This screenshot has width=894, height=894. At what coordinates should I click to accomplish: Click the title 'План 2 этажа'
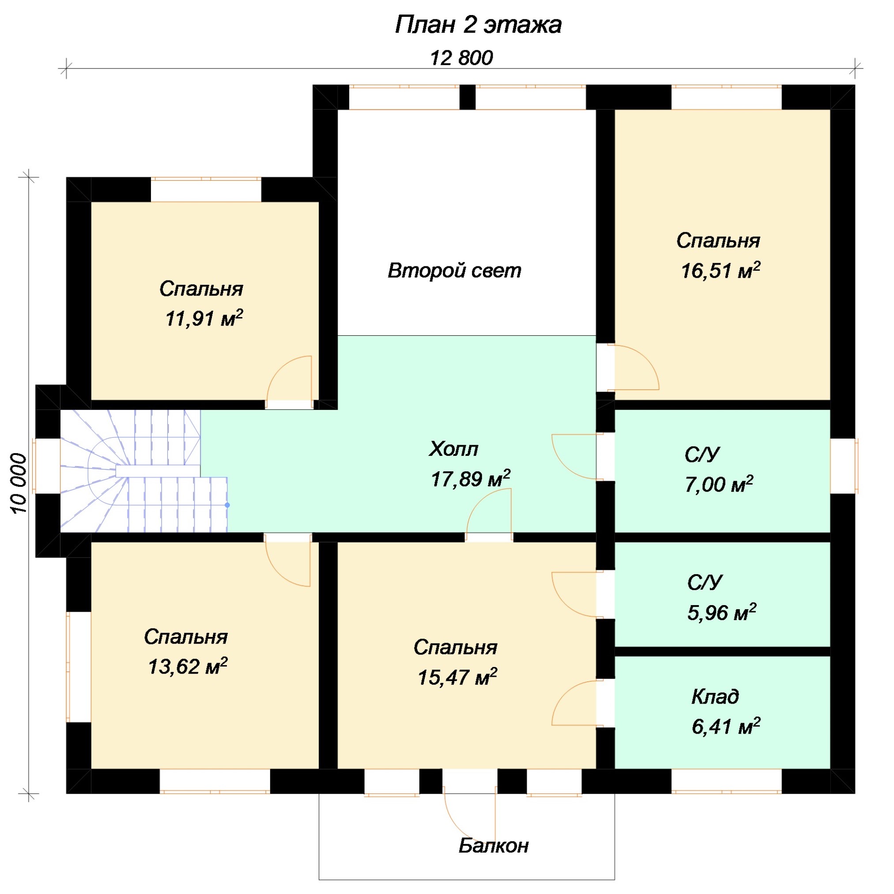pyautogui.click(x=478, y=25)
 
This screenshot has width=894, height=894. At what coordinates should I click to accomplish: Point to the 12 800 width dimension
pyautogui.click(x=461, y=58)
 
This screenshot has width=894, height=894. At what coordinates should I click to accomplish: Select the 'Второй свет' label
pyautogui.click(x=454, y=270)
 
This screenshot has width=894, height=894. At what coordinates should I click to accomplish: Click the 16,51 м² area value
pyautogui.click(x=720, y=270)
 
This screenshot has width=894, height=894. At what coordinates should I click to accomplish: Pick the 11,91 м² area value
pyautogui.click(x=204, y=318)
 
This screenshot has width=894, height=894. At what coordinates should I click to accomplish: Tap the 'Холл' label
pyautogui.click(x=453, y=449)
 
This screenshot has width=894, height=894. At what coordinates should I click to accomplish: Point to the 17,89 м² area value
pyautogui.click(x=470, y=478)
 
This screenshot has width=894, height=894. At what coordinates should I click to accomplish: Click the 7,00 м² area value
pyautogui.click(x=719, y=484)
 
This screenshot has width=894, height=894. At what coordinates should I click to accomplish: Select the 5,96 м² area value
pyautogui.click(x=721, y=612)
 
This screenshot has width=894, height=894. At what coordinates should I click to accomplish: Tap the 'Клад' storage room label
pyautogui.click(x=715, y=697)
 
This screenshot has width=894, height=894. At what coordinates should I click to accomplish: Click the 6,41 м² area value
pyautogui.click(x=725, y=726)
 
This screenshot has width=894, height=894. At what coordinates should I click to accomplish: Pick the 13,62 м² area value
pyautogui.click(x=187, y=666)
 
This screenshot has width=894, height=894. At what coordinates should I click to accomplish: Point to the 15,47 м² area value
pyautogui.click(x=457, y=677)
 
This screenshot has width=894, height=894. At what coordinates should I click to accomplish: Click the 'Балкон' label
pyautogui.click(x=493, y=846)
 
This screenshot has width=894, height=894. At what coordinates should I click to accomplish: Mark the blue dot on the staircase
pyautogui.click(x=227, y=505)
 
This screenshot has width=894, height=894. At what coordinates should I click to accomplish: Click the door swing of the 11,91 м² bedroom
pyautogui.click(x=277, y=369)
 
